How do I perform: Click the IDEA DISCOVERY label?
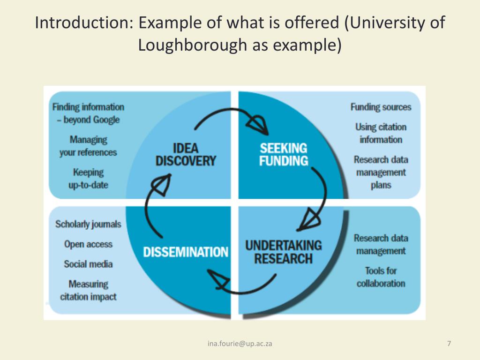[186, 155]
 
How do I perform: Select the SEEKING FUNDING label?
[284, 155]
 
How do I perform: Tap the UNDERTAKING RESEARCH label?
[284, 252]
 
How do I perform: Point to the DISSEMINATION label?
[186, 252]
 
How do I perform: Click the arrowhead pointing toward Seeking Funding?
[257, 124]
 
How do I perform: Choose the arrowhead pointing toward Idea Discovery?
[162, 185]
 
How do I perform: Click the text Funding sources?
[381, 107]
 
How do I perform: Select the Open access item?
[88, 244]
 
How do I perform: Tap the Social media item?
[88, 264]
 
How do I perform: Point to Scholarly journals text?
[88, 224]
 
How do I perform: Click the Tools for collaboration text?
[381, 277]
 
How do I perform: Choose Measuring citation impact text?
[88, 290]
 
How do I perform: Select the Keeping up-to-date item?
[88, 179]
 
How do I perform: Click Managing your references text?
[88, 146]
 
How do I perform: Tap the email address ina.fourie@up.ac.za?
[240, 344]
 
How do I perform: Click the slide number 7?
[449, 344]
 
